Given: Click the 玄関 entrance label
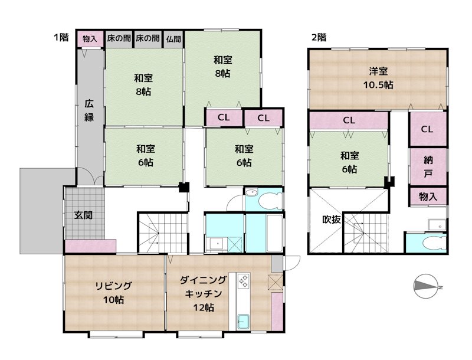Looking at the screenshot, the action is click(83, 215).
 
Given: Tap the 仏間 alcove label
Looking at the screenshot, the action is click(173, 39).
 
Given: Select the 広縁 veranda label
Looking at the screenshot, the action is click(89, 110).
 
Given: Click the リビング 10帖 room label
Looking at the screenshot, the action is click(113, 293).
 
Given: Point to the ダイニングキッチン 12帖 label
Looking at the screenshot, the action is click(203, 293).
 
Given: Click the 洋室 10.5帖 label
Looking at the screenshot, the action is click(378, 78).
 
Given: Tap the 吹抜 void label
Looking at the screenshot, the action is click(332, 220).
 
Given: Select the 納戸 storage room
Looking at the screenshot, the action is click(428, 166).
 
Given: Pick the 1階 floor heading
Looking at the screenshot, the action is click(61, 37).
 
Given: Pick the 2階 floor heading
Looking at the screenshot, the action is click(319, 38).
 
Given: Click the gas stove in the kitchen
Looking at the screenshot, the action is click(244, 280).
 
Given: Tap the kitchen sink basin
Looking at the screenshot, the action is click(243, 322).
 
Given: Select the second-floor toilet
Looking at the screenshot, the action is click(434, 243).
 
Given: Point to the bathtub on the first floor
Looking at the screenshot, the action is click(274, 233).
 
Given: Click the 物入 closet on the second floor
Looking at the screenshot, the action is click(428, 197).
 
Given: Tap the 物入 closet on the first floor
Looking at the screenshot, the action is click(90, 39).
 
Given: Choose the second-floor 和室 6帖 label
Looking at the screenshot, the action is click(349, 162).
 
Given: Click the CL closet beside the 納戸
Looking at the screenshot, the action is click(427, 129).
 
